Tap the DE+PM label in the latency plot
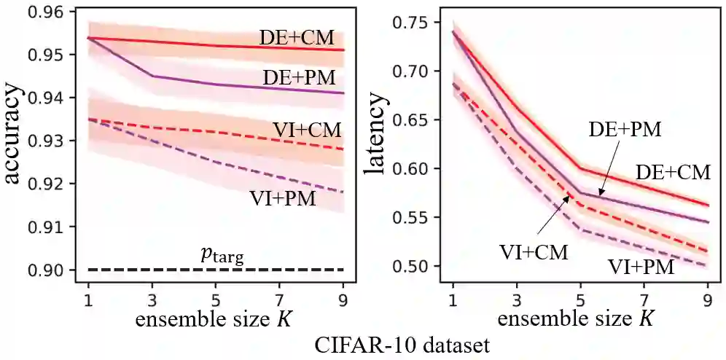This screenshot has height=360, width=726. pos(625,130)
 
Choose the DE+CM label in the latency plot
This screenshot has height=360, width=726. pos(673,172)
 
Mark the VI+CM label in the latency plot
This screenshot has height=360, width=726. pos(534,252)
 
